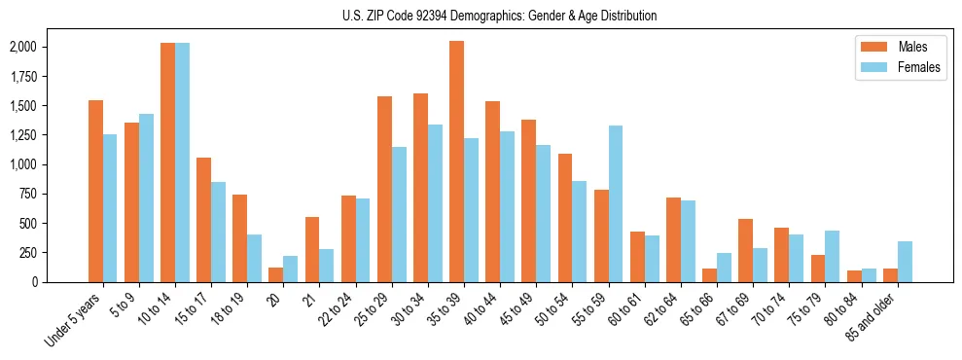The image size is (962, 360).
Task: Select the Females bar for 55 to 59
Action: point(615,203)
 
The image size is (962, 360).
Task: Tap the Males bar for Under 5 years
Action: point(95,191)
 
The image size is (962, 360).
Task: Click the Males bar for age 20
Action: point(275,274)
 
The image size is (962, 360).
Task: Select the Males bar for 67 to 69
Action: point(745,250)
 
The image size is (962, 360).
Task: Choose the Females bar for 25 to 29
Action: point(399,214)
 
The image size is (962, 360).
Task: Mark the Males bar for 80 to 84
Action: point(854,276)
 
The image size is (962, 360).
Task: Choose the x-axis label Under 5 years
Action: point(76,322)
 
